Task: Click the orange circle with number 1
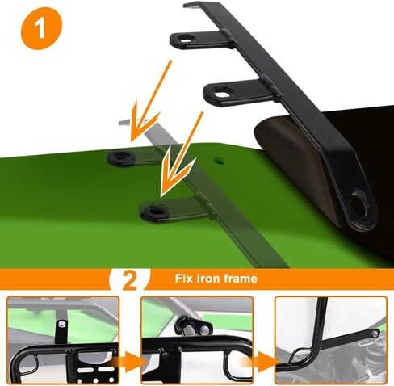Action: click(41, 28)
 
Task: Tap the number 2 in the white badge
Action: click(130, 280)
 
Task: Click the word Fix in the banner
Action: click(184, 278)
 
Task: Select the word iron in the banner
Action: click(210, 278)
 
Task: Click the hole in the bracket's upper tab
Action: click(186, 40)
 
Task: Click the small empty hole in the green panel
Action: click(220, 162)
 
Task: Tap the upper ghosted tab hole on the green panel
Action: click(122, 156)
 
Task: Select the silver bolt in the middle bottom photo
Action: click(206, 329)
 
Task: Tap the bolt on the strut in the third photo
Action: click(375, 334)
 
